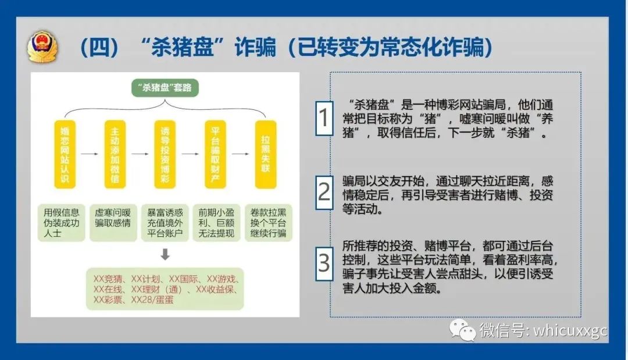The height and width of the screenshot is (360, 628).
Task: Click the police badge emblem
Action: (x=42, y=47)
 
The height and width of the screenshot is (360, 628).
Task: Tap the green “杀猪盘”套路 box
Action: (x=165, y=88)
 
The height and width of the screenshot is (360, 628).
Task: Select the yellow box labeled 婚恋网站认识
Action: (x=65, y=154)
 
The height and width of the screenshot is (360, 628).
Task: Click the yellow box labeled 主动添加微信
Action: (x=115, y=154)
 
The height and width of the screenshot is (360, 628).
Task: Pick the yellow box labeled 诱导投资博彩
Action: (x=165, y=154)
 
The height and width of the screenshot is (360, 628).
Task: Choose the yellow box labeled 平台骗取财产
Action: (x=216, y=154)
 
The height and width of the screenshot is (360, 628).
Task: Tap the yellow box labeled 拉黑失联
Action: (x=266, y=154)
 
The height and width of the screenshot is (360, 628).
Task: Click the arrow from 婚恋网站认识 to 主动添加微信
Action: (x=90, y=154)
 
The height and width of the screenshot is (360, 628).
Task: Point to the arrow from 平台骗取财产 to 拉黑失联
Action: (x=240, y=154)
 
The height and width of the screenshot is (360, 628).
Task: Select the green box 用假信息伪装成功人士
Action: (x=61, y=223)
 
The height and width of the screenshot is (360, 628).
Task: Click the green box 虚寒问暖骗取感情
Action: (x=113, y=223)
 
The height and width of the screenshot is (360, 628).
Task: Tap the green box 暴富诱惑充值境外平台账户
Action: (x=165, y=223)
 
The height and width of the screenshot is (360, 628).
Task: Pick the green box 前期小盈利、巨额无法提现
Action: (x=216, y=223)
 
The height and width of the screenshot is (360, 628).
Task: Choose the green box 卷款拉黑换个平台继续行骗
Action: (x=268, y=223)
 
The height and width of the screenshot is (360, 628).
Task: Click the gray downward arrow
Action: (x=165, y=254)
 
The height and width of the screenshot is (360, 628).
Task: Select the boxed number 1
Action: (x=324, y=118)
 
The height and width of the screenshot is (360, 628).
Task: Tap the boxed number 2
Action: (x=324, y=193)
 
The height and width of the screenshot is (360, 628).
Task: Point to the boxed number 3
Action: (x=324, y=263)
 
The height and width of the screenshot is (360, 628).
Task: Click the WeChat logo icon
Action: (x=463, y=330)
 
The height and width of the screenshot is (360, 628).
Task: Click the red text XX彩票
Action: (x=108, y=300)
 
